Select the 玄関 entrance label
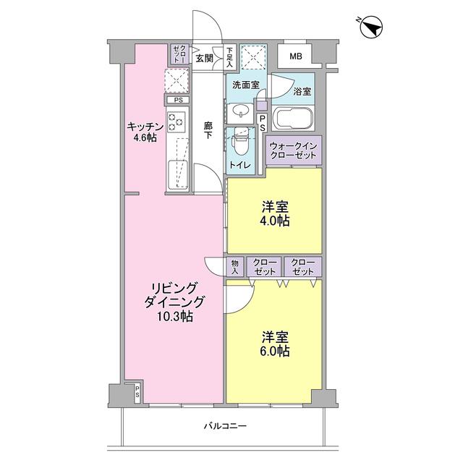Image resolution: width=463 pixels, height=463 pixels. click(x=204, y=58)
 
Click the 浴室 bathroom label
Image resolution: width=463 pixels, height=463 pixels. click(x=302, y=92)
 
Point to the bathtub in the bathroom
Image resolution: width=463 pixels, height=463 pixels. click(x=291, y=118)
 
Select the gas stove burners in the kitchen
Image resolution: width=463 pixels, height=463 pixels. click(x=177, y=122)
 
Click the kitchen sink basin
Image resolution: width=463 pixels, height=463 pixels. click(x=177, y=174)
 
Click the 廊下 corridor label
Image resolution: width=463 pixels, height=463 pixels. click(x=208, y=129)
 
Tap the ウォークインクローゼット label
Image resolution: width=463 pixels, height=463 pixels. click(x=294, y=151)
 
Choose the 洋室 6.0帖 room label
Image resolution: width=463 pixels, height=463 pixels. click(x=275, y=344)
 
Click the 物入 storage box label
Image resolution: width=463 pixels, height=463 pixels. click(x=234, y=266)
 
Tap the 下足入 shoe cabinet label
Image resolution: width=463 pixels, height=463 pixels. click(x=229, y=57)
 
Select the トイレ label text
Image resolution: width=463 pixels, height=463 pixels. click(x=240, y=165)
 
